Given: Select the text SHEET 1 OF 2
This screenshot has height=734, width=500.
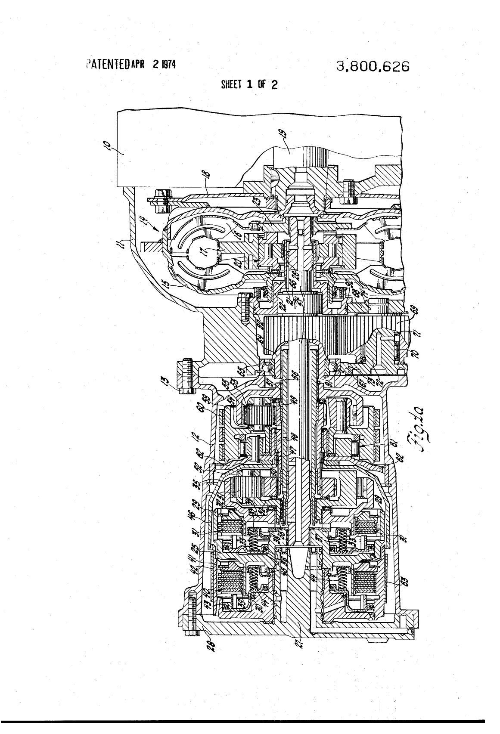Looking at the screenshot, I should [249, 85].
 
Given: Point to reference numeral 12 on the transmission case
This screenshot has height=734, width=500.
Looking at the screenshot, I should [202, 438].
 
